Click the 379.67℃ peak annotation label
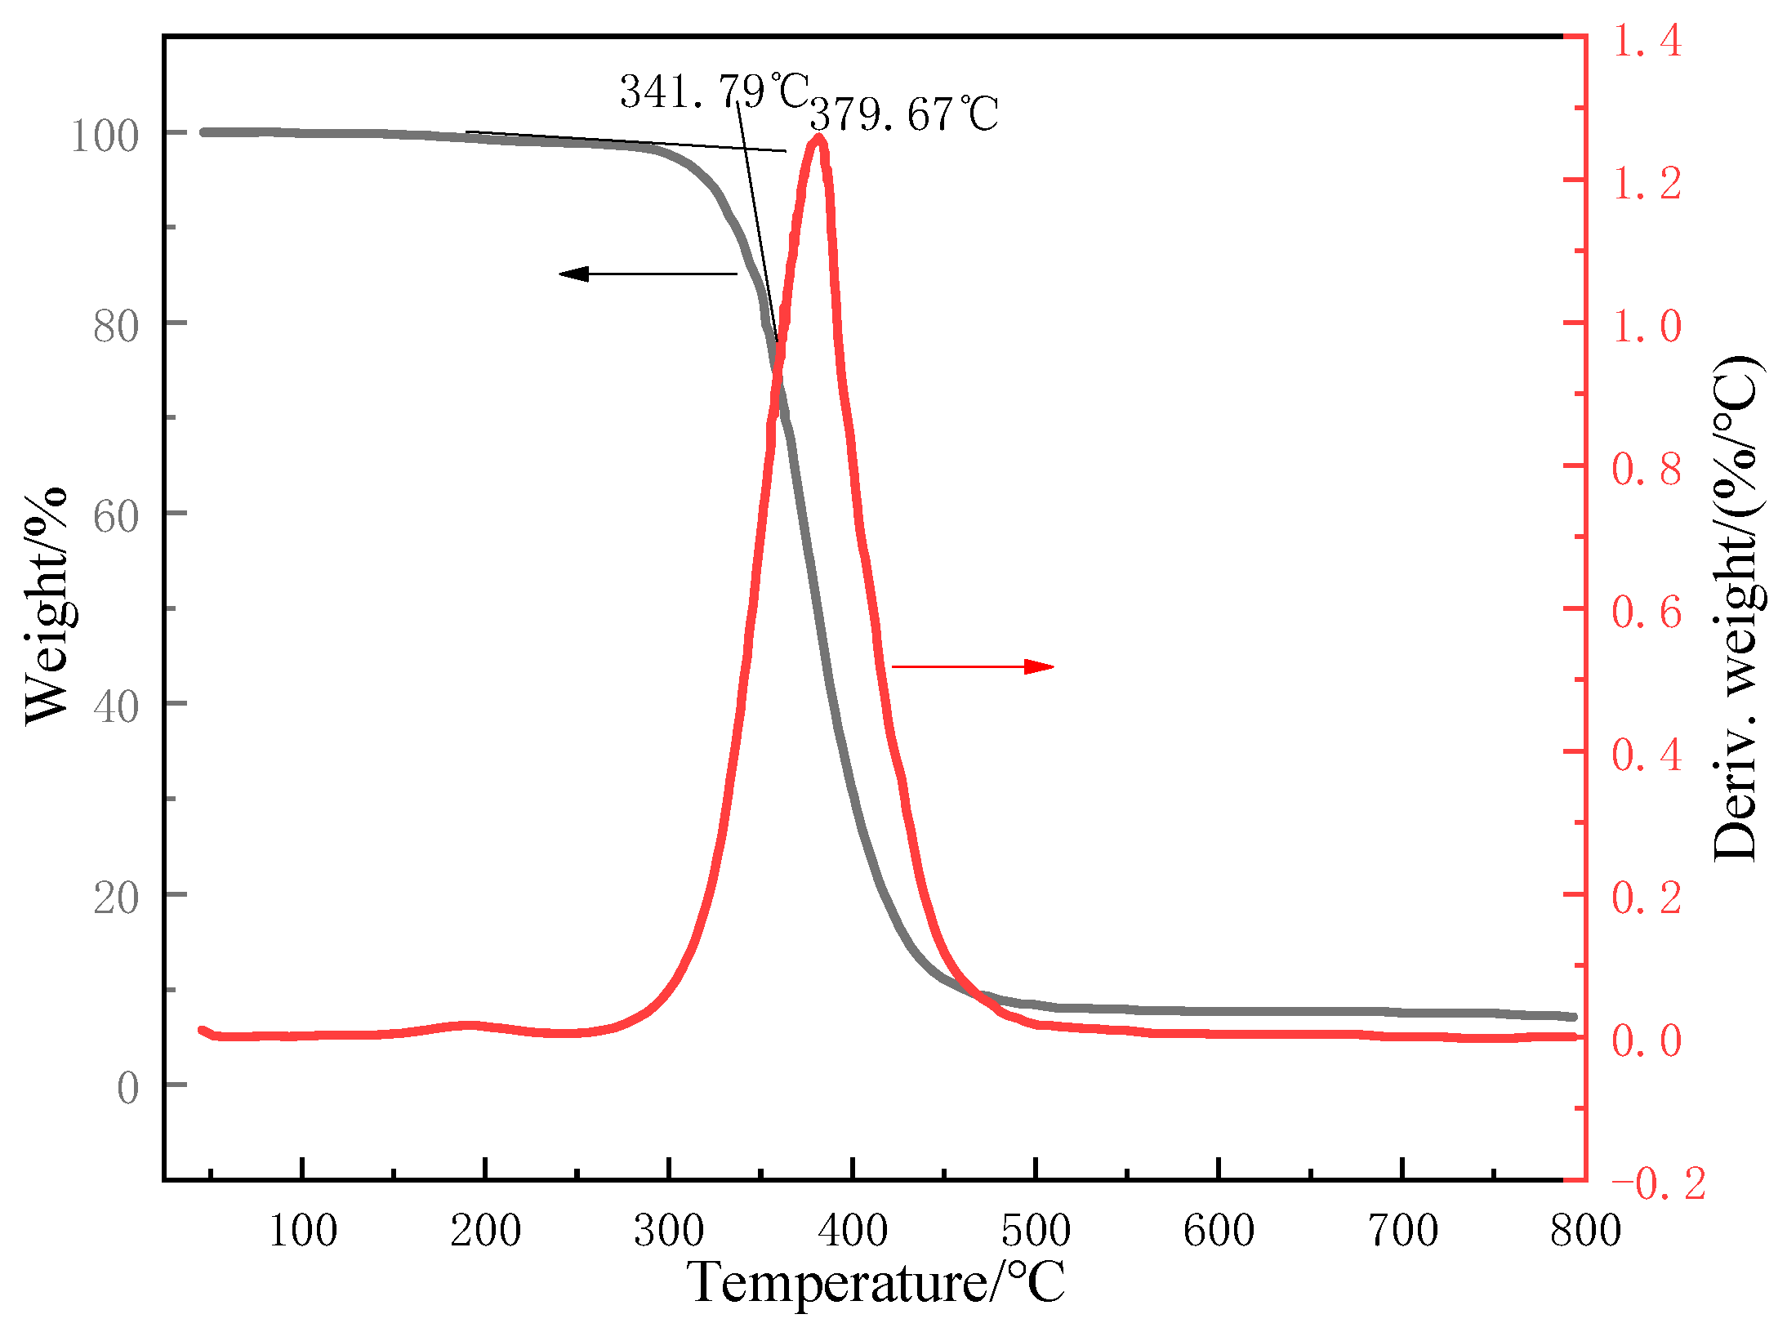(903, 114)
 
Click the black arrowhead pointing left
(573, 274)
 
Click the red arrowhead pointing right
(1039, 667)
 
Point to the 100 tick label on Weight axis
(105, 136)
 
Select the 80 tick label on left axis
(116, 327)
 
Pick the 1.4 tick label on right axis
(1647, 40)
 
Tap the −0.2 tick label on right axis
(1658, 1183)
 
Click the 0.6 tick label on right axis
(1647, 612)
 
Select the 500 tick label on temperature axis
(1036, 1230)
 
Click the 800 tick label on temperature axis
(1585, 1230)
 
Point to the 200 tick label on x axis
(485, 1230)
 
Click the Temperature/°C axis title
(876, 1282)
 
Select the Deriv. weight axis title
(1736, 608)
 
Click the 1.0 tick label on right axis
(1647, 326)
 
